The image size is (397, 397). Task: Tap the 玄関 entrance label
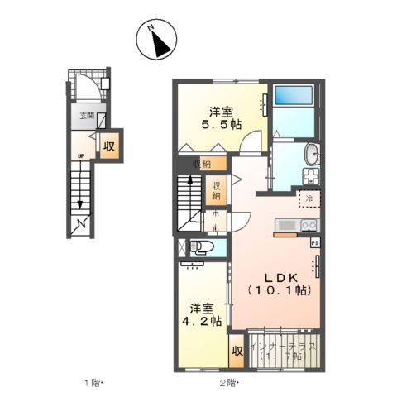(x=86, y=115)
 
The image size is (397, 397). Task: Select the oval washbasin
(x=312, y=155)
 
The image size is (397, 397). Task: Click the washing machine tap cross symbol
(x=311, y=176)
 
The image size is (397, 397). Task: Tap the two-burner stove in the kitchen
(x=309, y=226)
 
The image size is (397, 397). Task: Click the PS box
(x=314, y=243)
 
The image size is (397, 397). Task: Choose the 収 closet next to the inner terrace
(x=237, y=350)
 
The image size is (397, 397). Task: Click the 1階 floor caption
(x=90, y=382)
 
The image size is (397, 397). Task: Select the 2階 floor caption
(x=228, y=382)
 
